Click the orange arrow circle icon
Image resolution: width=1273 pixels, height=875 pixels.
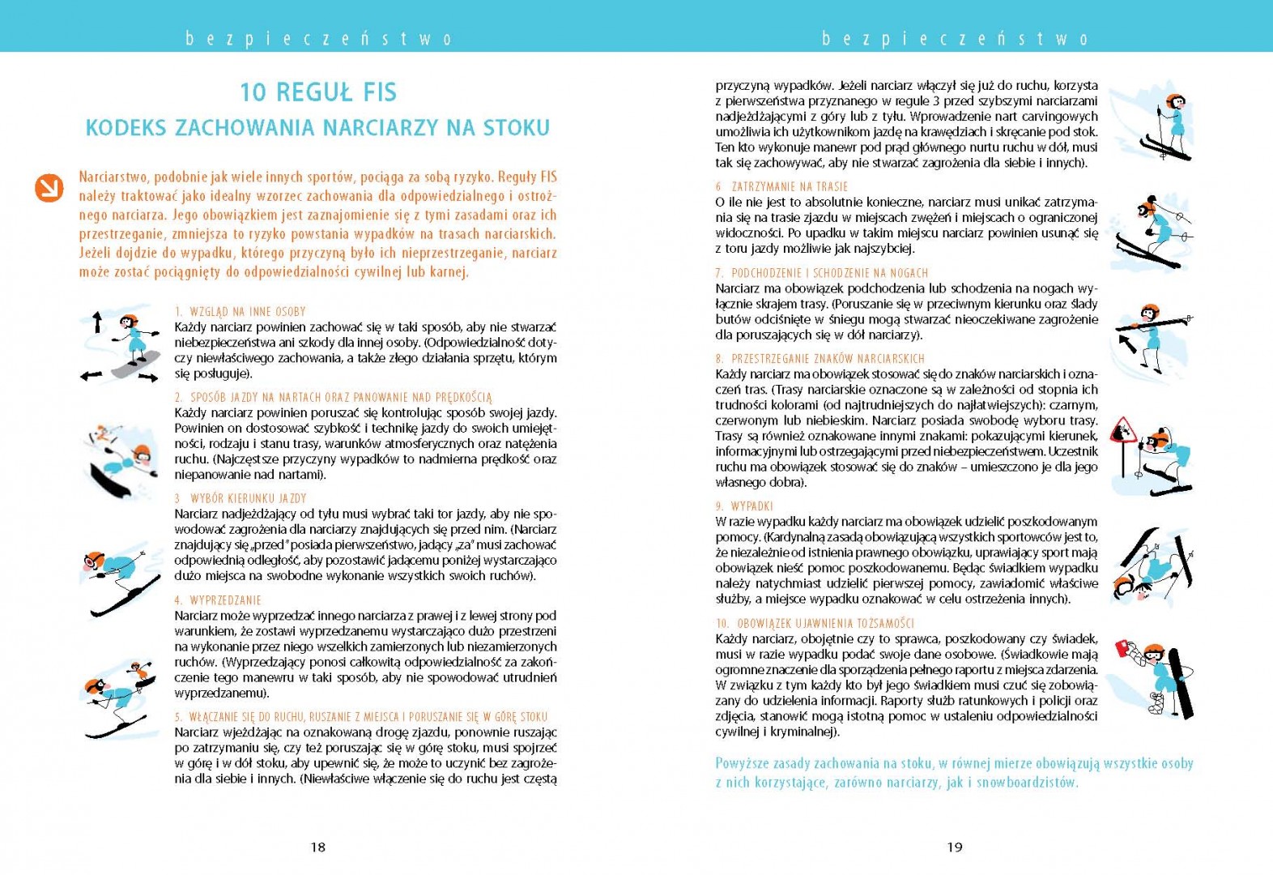pyautogui.click(x=49, y=188)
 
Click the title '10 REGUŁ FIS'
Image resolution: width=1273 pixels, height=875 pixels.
pyautogui.click(x=318, y=92)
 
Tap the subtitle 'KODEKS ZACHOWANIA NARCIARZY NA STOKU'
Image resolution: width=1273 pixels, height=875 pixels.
pyautogui.click(x=317, y=128)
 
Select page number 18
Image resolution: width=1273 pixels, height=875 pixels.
pyautogui.click(x=317, y=847)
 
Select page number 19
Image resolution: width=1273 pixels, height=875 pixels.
pyautogui.click(x=955, y=847)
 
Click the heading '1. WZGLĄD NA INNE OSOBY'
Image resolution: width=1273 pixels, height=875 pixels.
pyautogui.click(x=240, y=312)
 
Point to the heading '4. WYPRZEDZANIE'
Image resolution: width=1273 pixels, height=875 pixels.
pyautogui.click(x=218, y=600)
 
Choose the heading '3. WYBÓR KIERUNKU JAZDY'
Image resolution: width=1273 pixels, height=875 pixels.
pyautogui.click(x=241, y=498)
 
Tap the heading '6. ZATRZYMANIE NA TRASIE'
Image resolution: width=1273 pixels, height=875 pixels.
pyautogui.click(x=781, y=186)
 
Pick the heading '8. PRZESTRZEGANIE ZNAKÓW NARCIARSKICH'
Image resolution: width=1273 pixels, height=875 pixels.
pyautogui.click(x=820, y=358)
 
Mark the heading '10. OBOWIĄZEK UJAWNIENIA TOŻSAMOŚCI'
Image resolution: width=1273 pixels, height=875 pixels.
pyautogui.click(x=815, y=623)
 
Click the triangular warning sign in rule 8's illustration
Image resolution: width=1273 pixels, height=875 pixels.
pyautogui.click(x=1122, y=432)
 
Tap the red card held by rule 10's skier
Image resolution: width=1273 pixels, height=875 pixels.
pyautogui.click(x=1123, y=649)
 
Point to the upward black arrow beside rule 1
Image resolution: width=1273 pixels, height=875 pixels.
pyautogui.click(x=97, y=322)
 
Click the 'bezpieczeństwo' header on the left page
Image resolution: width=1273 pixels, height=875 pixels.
pyautogui.click(x=318, y=38)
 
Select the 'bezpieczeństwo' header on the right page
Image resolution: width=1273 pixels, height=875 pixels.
pyautogui.click(x=955, y=38)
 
